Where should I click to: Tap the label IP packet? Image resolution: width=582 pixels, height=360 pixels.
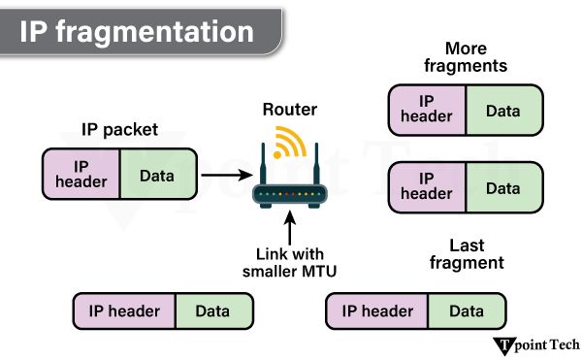119,130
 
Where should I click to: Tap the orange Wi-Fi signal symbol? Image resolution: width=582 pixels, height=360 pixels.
288,143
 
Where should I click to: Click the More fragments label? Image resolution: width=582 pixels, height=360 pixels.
465,57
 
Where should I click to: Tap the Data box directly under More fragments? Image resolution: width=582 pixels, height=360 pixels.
502,111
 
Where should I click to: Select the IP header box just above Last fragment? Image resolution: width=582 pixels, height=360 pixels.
427,186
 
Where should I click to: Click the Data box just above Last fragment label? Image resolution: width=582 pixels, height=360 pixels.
502,186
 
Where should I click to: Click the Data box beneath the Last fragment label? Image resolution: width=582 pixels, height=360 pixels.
466,311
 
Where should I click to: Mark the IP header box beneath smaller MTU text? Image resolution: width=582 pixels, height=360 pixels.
124,311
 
